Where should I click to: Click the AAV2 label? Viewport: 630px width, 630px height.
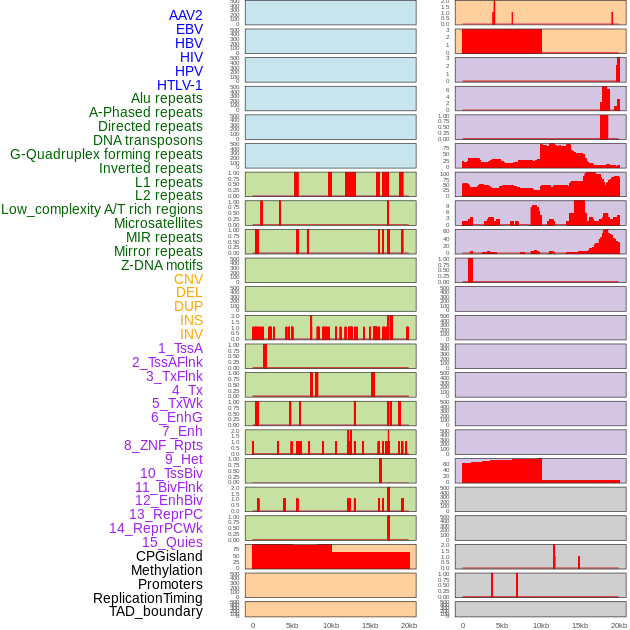coord(186,15)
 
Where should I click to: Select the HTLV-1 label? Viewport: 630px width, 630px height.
coord(180,85)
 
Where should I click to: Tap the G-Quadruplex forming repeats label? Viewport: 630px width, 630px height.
coord(106,154)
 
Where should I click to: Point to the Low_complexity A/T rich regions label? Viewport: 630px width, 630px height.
coord(102,209)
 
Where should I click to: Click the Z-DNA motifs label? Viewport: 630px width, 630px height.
coord(162,265)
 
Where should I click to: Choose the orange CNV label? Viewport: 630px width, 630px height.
coord(188,279)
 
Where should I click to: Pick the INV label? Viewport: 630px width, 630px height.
coord(191,334)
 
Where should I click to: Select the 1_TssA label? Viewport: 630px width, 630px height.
coord(180,348)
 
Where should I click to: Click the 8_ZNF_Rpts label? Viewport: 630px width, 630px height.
coord(163,445)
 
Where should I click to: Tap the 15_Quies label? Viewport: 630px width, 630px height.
coord(172,542)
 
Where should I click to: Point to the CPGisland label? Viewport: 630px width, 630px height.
coord(169,556)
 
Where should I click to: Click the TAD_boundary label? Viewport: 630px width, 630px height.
coord(156,611)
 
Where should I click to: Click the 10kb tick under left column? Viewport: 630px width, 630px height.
coord(331,625)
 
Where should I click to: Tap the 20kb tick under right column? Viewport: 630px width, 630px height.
coord(619,625)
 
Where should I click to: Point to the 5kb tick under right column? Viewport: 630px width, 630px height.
coord(502,625)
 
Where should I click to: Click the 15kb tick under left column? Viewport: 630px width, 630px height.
coord(370,625)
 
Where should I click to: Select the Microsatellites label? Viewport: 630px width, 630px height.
coord(158,223)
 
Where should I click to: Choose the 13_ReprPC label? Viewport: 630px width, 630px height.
coord(166,514)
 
